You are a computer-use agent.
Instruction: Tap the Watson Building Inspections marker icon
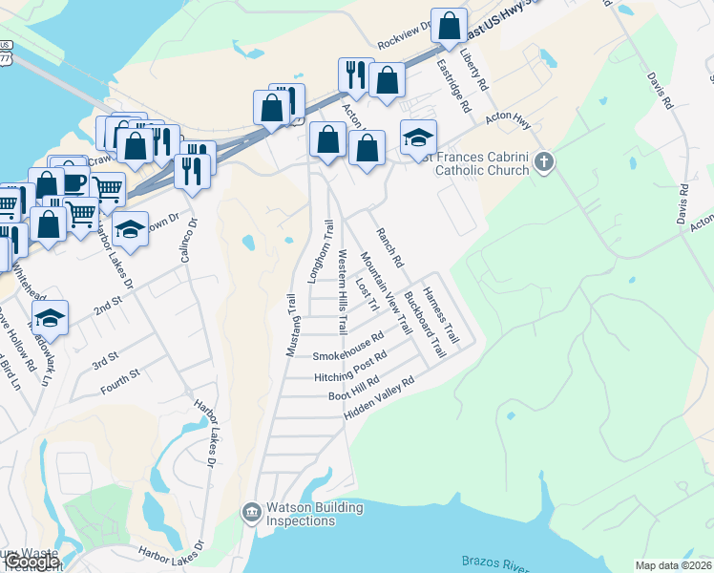pyautogui.click(x=252, y=514)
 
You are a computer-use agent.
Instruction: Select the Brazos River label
pyautogui.click(x=496, y=563)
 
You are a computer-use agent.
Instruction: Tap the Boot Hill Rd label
pyautogui.click(x=354, y=389)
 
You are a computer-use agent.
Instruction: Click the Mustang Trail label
pyautogui.click(x=293, y=326)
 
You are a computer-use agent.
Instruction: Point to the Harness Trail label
pyautogui.click(x=442, y=315)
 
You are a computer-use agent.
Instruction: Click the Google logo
pyautogui.click(x=31, y=562)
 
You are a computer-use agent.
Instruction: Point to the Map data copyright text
pyautogui.click(x=673, y=565)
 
